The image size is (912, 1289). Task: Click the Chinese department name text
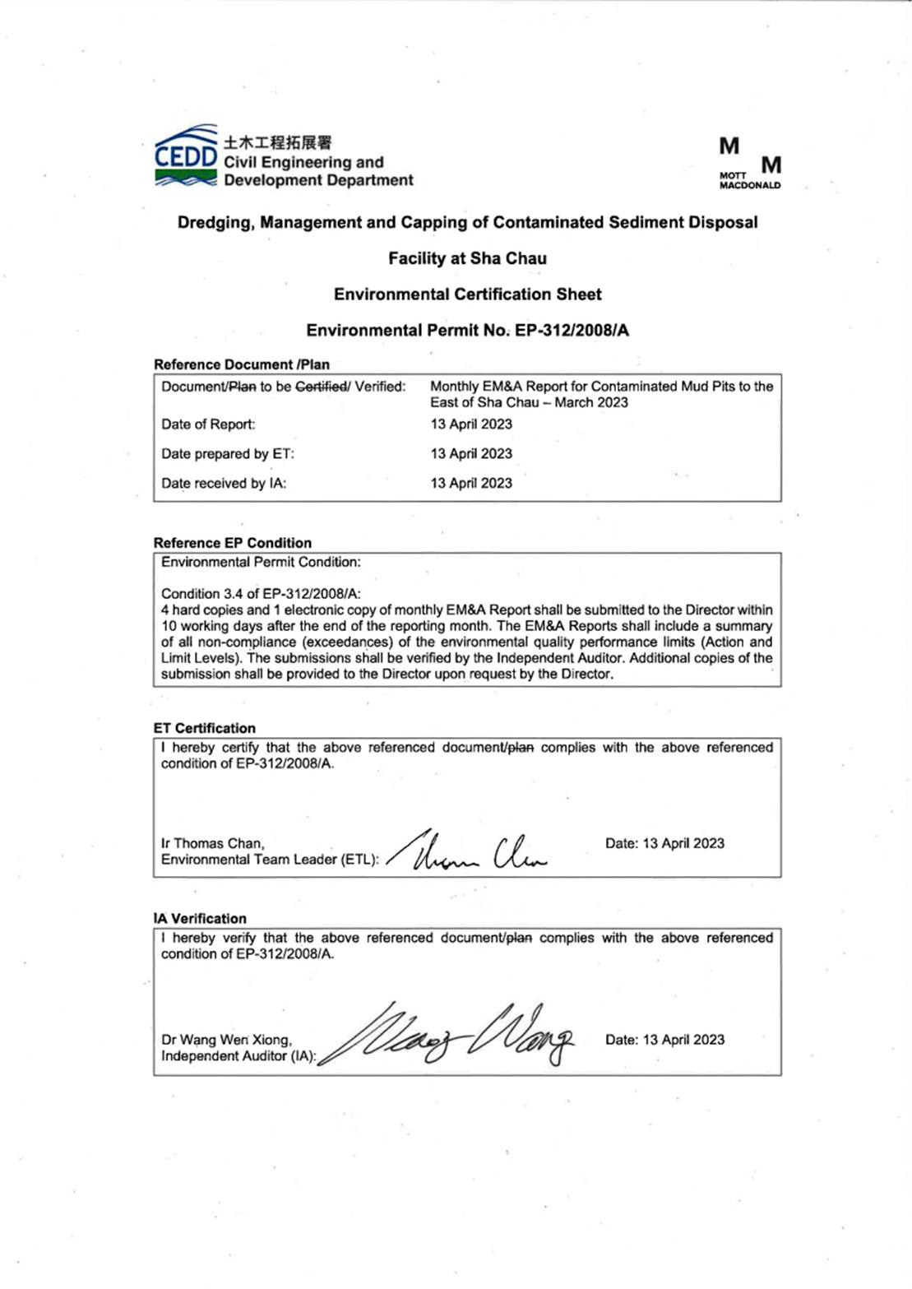277,143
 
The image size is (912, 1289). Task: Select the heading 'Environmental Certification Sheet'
467,294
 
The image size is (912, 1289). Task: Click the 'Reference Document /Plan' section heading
241,364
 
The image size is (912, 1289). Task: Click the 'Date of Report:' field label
208,424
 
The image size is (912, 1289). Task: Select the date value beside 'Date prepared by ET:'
471,454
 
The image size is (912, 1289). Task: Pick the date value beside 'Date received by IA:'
471,484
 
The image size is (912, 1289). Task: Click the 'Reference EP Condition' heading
232,543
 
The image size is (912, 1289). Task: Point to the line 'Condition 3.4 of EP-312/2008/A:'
261,594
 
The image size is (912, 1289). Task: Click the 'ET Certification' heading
204,728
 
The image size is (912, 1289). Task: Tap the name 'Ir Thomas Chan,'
212,843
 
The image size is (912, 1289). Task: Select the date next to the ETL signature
664,843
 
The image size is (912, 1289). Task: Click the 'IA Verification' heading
200,919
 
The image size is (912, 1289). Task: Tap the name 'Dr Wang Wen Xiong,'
226,1040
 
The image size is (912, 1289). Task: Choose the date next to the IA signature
664,1040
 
